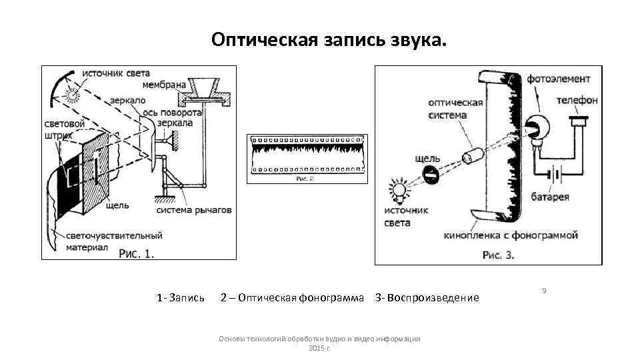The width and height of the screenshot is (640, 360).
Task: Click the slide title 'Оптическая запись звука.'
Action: [326, 40]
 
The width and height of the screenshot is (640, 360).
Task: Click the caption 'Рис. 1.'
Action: [136, 253]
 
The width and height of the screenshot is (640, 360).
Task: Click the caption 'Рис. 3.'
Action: [498, 255]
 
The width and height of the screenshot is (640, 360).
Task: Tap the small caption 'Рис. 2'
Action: [304, 179]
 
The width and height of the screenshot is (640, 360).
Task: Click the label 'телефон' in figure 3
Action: [577, 100]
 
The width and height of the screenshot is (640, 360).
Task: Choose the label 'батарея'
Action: [550, 197]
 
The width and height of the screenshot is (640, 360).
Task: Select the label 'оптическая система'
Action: [455, 109]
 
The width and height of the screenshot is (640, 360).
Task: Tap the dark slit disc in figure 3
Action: [431, 175]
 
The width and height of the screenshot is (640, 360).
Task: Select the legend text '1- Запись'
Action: [181, 297]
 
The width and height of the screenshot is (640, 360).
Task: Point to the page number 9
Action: [544, 291]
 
